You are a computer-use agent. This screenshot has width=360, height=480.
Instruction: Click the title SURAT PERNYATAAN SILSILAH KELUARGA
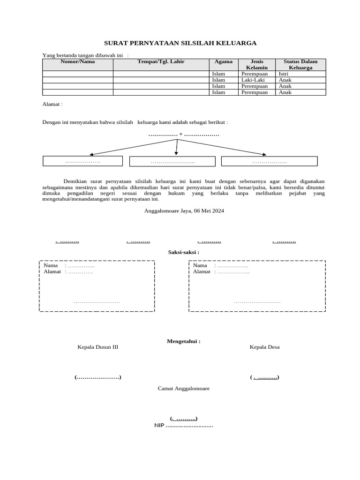pyautogui.click(x=180, y=43)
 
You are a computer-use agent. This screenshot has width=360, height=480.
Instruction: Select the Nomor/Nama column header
pyautogui.click(x=77, y=61)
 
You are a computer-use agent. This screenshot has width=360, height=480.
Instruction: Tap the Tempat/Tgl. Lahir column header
pyautogui.click(x=161, y=61)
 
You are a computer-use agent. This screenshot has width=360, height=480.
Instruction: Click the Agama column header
pyautogui.click(x=223, y=61)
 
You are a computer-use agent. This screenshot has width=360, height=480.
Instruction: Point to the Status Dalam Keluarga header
pyautogui.click(x=300, y=64)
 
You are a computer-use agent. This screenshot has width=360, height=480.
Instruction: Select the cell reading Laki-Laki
pyautogui.click(x=253, y=80)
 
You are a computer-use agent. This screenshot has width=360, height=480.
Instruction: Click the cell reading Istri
pyautogui.click(x=284, y=74)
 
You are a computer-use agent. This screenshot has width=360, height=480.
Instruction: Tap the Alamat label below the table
pyautogui.click(x=52, y=104)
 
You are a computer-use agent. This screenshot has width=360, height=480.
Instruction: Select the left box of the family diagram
pyautogui.click(x=82, y=161)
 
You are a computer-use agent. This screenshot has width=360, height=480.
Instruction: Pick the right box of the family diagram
pyautogui.click(x=269, y=161)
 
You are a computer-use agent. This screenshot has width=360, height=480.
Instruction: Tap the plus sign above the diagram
pyautogui.click(x=180, y=135)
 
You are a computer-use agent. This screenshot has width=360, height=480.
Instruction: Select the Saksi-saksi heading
pyautogui.click(x=183, y=252)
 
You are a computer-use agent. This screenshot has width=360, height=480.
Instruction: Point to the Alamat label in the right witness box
pyautogui.click(x=202, y=272)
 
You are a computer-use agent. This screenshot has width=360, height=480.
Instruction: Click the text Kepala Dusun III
pyautogui.click(x=98, y=347)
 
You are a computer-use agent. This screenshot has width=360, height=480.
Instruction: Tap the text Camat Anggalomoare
pyautogui.click(x=183, y=389)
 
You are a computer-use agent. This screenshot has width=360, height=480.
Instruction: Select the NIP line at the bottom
pyautogui.click(x=183, y=426)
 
